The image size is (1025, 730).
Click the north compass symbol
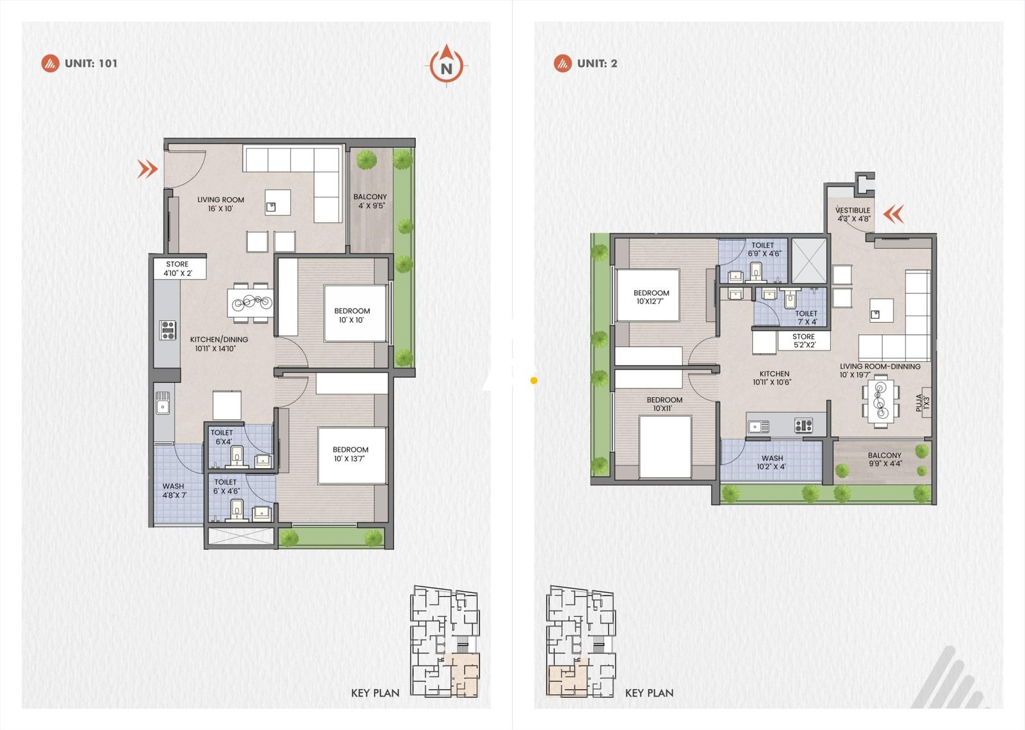(447, 66)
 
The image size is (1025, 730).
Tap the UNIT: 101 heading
(90, 63)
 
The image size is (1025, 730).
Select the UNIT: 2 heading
(596, 63)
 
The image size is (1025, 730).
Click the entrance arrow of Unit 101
(148, 169)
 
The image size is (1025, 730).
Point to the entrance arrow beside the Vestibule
(894, 213)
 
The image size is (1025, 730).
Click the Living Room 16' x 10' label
(220, 204)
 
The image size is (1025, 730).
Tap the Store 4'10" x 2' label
(177, 268)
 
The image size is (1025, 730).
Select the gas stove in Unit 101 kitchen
(168, 330)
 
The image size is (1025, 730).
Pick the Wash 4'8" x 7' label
(173, 491)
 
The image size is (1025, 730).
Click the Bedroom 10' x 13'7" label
(350, 454)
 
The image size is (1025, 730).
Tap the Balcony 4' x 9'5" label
(370, 201)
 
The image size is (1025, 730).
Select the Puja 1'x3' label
(922, 403)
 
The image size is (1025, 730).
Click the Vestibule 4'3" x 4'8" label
(853, 215)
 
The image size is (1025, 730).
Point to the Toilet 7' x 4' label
(806, 318)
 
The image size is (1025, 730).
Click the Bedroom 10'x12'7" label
(651, 297)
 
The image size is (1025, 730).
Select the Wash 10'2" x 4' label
(772, 462)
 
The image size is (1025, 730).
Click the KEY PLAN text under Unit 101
(375, 693)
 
